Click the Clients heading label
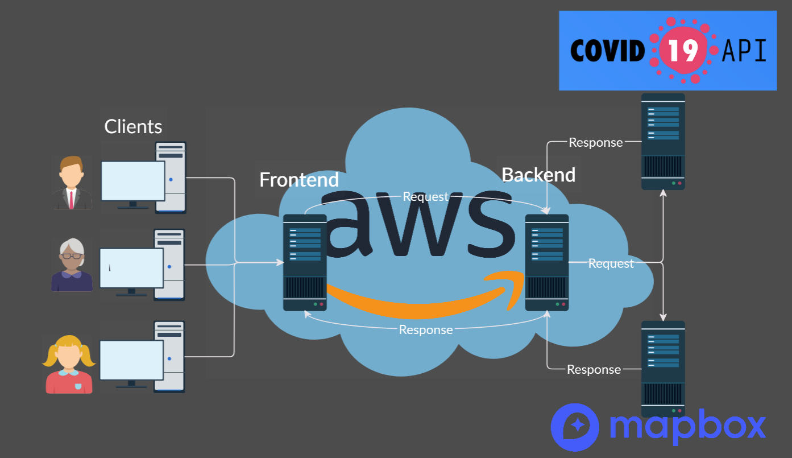133,126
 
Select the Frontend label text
299,180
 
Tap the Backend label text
538,175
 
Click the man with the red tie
71,183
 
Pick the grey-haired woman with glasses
72,265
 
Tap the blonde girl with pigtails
69,364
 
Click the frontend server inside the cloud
305,262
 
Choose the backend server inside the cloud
546,262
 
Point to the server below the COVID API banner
663,141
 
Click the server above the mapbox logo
663,369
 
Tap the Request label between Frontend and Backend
425,197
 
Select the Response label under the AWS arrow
426,330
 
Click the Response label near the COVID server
596,143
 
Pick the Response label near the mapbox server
594,370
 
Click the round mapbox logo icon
575,427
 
